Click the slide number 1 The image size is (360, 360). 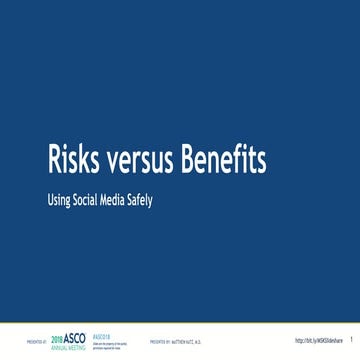click(351, 342)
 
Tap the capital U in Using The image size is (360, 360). click(50, 198)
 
